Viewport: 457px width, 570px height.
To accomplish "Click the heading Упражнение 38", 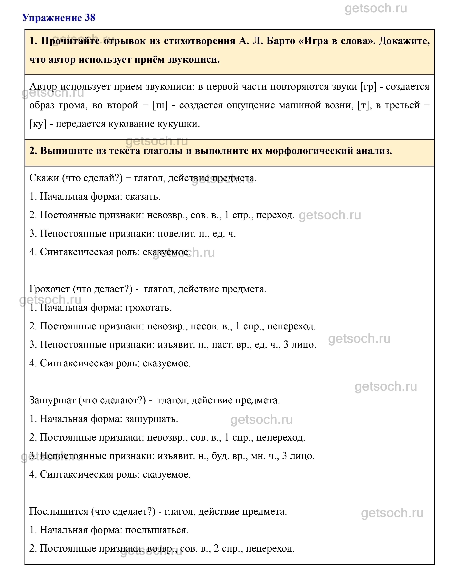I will click(x=59, y=18).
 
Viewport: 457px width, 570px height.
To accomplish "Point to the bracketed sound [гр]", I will click(x=369, y=87).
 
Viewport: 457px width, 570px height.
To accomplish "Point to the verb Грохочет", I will click(x=49, y=289).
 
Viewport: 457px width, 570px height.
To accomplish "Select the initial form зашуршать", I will click(x=151, y=419).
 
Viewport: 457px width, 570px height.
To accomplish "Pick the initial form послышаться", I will click(x=157, y=530).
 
